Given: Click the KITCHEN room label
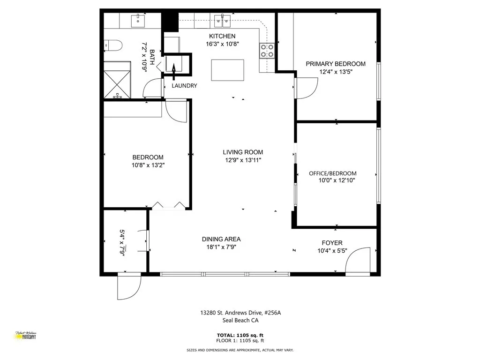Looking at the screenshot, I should tap(222, 36).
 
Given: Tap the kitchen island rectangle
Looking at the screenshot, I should tap(228, 70).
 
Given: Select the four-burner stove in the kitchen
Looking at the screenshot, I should tap(267, 50).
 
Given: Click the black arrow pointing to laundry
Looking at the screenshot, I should tap(173, 71).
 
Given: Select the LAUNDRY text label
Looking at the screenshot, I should tap(184, 86).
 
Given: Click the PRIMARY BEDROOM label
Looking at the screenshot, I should tap(336, 64).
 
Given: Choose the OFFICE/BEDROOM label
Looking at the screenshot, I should tap(332, 173).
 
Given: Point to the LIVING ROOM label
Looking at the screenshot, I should tap(243, 152).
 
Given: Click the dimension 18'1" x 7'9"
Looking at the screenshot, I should tap(221, 247).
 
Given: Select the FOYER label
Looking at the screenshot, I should tap(332, 243).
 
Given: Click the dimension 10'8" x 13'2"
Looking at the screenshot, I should tap(148, 165).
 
